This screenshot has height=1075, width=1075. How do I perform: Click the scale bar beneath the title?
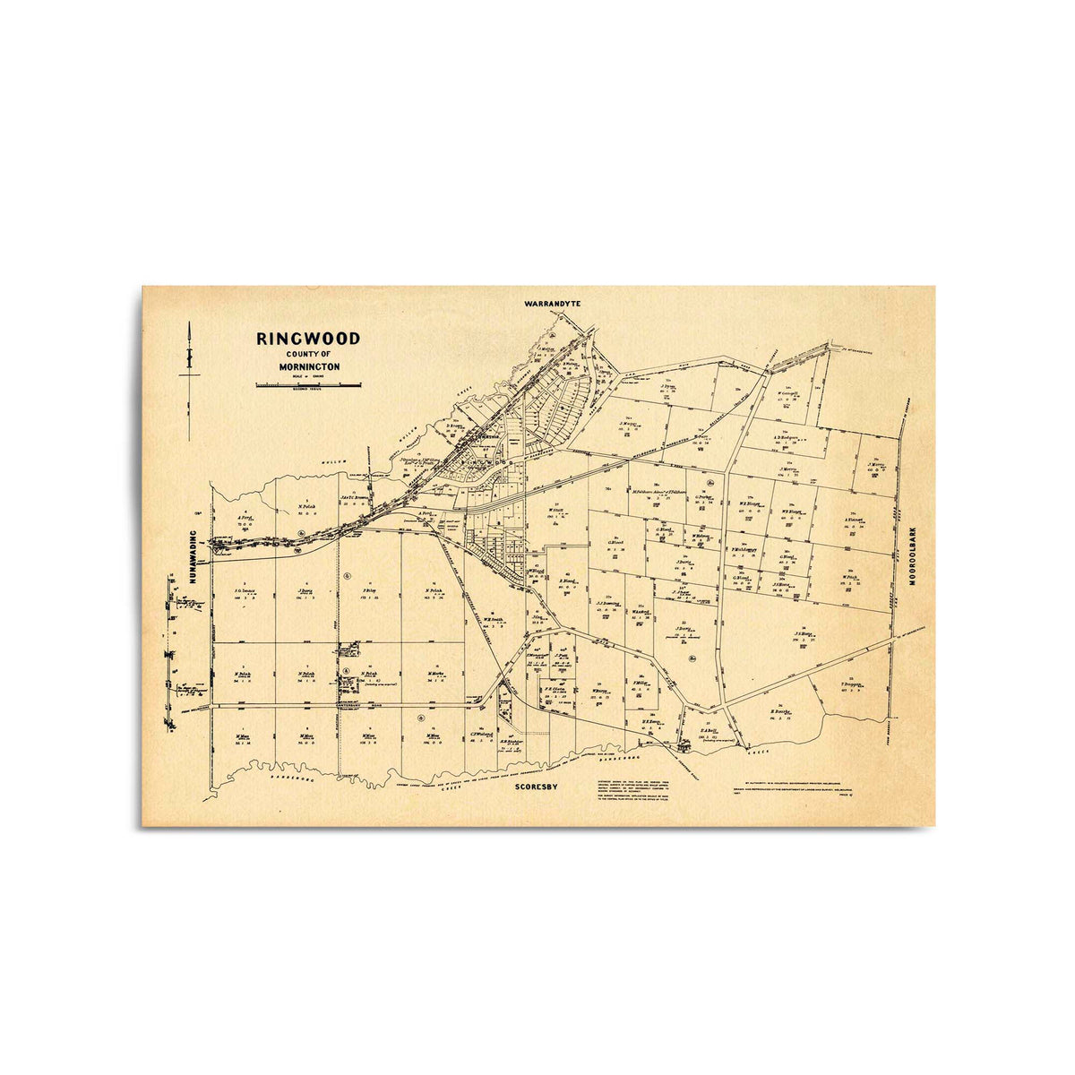[309, 384]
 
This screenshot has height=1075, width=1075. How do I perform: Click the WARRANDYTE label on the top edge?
[553, 304]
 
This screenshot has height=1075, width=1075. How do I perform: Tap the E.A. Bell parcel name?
[713, 730]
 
